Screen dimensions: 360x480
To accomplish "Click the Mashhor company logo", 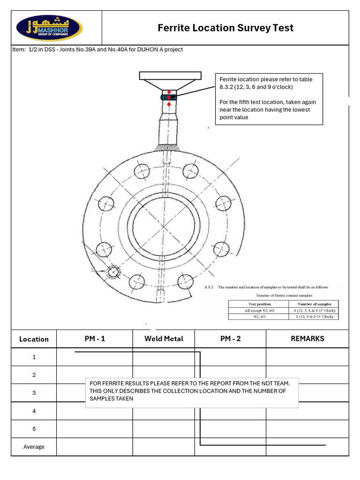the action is (x=50, y=28).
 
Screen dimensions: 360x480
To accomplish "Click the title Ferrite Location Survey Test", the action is (x=225, y=28).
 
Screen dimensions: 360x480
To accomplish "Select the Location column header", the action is (x=34, y=339).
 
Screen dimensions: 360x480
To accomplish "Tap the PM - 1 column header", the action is (x=94, y=338).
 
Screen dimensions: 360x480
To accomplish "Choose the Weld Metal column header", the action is (x=164, y=338).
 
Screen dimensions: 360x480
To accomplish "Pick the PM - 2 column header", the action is (x=230, y=338).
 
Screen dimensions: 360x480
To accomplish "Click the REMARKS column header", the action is (x=307, y=338).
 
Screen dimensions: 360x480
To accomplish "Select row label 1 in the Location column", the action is (x=34, y=357).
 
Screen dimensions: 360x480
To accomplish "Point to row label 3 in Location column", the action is (x=34, y=393).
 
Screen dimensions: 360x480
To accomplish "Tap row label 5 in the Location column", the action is (x=34, y=428).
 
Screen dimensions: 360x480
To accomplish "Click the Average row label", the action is (x=34, y=447).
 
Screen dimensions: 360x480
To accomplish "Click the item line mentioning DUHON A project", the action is (x=97, y=49).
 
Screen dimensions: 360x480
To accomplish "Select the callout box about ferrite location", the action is (x=269, y=98).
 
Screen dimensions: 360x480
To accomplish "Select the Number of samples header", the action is (x=315, y=304).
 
